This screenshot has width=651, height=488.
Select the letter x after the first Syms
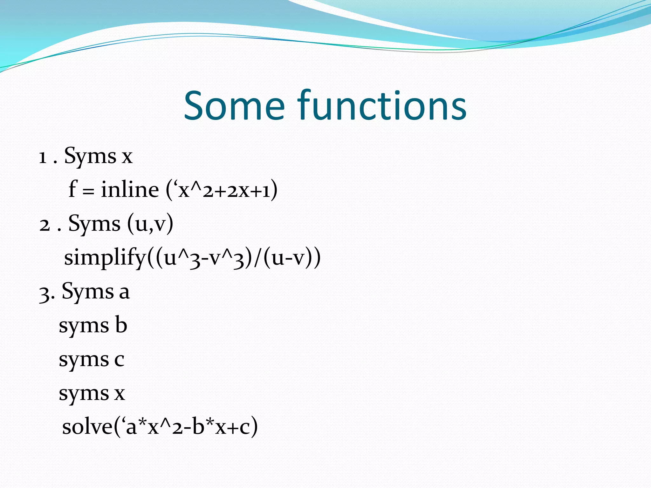pos(127,157)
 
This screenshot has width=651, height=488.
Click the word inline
pos(130,190)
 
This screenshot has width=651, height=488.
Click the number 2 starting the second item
pos(45,225)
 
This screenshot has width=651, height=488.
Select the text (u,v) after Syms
pos(150,224)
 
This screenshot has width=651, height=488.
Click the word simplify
pos(105,258)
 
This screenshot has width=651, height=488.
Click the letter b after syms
pos(121,325)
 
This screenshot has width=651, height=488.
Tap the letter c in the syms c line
pos(119,360)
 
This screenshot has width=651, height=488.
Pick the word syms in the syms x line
pos(84,394)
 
